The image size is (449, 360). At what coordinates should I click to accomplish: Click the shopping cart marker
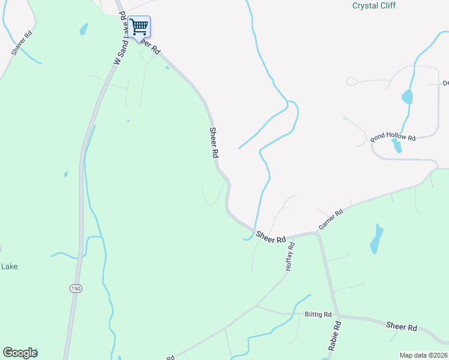139,27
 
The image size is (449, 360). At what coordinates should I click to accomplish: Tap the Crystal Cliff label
374,5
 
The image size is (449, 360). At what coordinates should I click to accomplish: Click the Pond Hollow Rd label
393,137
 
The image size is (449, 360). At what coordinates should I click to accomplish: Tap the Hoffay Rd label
290,257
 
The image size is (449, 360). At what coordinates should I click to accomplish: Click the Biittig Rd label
318,314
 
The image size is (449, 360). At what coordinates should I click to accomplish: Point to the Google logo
20,353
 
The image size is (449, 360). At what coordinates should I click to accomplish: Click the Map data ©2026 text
423,355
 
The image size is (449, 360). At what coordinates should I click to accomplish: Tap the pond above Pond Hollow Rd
408,96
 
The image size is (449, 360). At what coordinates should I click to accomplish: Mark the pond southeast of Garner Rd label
376,238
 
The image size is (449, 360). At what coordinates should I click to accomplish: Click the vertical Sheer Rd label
214,142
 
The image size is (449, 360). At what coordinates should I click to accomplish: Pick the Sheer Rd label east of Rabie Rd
402,327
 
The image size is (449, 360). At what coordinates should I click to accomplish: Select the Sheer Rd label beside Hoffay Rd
270,237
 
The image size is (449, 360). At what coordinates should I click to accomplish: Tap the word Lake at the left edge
8,266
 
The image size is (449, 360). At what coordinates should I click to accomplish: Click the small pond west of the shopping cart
83,29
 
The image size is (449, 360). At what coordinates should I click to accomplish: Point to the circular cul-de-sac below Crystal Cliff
351,80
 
